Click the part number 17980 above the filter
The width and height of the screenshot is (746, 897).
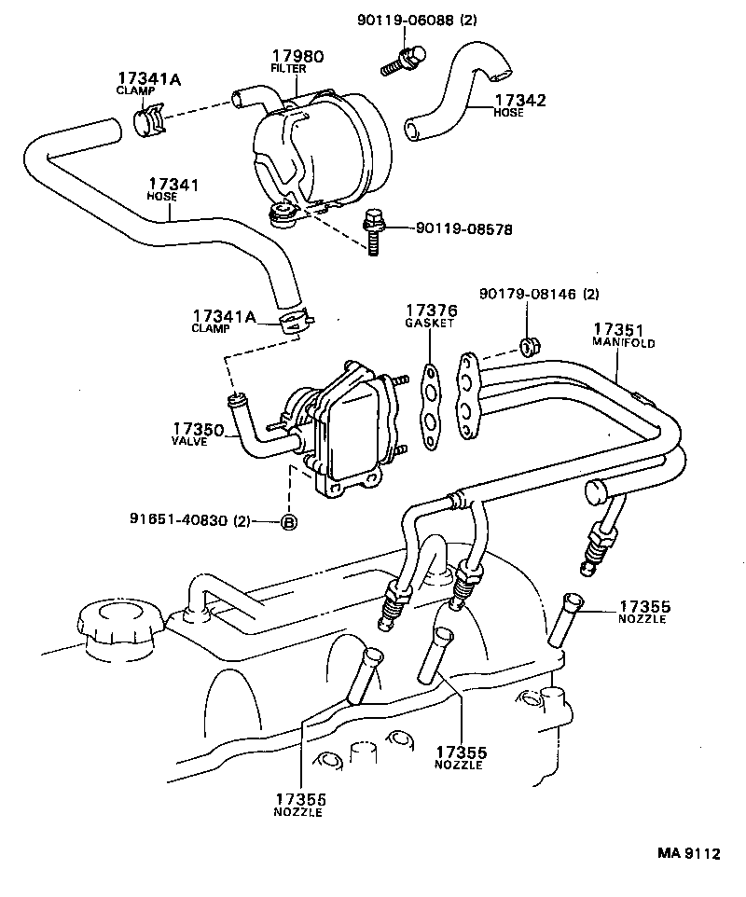coord(297,56)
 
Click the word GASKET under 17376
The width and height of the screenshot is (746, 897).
coord(429,323)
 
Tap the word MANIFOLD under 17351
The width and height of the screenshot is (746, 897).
coord(624,342)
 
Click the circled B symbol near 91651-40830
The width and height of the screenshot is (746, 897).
coord(289,522)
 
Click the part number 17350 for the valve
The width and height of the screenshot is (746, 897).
coord(197,428)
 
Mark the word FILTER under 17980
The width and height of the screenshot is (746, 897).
coord(288,69)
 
